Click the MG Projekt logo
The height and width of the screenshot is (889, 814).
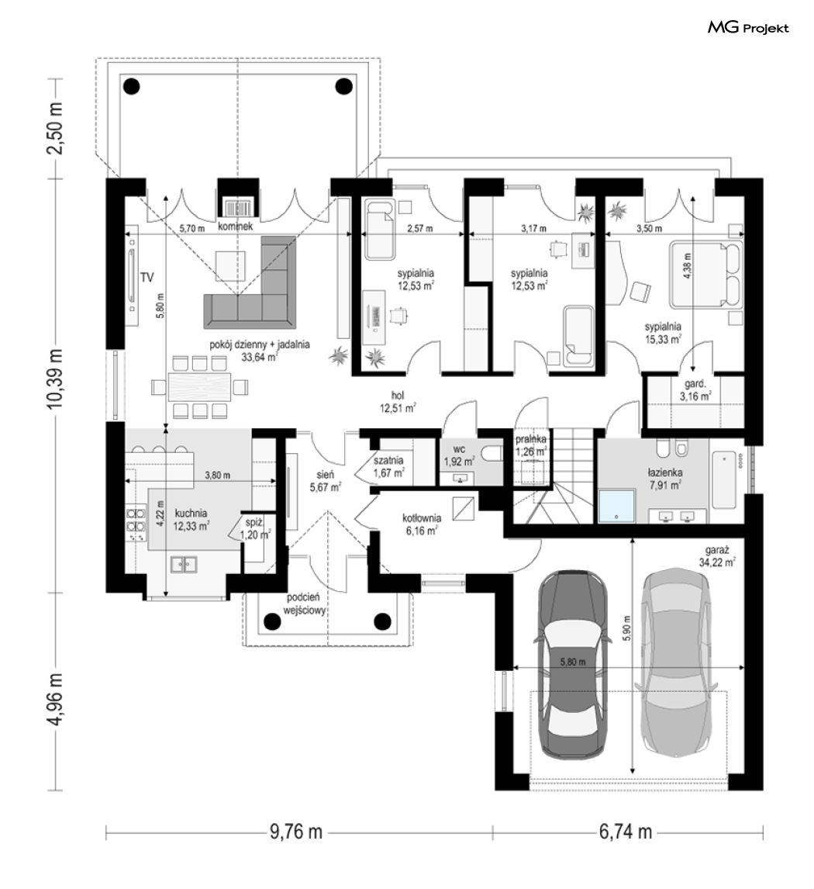(748, 27)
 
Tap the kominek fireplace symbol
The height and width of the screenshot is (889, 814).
(238, 207)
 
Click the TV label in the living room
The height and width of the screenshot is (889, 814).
(147, 277)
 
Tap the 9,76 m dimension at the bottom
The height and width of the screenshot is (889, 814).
(295, 832)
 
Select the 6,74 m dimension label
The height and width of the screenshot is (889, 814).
(626, 832)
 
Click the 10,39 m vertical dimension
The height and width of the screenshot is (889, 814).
(57, 386)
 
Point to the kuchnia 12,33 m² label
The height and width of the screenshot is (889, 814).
(191, 519)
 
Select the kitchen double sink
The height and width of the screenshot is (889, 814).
(184, 564)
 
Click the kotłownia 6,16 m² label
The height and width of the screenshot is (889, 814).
(422, 524)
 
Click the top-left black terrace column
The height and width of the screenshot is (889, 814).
(132, 86)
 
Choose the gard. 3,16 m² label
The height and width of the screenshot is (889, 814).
(695, 390)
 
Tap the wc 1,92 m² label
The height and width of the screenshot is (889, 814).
(459, 455)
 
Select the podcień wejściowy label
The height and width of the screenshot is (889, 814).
(304, 604)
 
